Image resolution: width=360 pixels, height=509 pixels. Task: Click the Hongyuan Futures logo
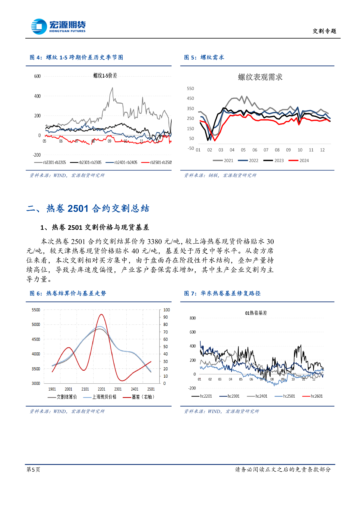pos(58,26)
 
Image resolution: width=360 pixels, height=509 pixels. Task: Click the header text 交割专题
pos(324,31)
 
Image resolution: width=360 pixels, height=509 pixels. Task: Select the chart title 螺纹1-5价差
pos(105,76)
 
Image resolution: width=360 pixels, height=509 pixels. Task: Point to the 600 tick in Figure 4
pos(37,76)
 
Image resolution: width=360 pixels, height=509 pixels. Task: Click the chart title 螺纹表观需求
pos(260,77)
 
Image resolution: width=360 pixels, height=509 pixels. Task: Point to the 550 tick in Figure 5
pos(190,89)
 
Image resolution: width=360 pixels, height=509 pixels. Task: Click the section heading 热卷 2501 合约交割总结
pos(98,209)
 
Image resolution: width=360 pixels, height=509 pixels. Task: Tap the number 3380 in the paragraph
pos(154,241)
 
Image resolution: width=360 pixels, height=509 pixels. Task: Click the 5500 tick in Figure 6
pos(36,310)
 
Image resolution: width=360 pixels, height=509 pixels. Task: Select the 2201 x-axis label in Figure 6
pos(101,389)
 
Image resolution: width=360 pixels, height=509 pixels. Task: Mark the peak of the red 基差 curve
pos(101,314)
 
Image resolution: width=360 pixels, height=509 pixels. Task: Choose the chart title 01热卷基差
pos(256,313)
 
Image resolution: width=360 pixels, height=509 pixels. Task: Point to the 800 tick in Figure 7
pos(193,318)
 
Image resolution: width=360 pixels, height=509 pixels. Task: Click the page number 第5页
pos(33,469)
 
